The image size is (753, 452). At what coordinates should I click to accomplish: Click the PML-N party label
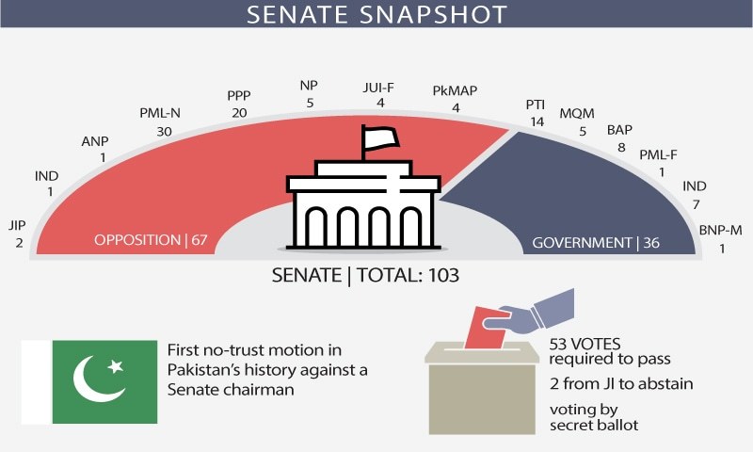160,113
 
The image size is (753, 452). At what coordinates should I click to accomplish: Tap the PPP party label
239,95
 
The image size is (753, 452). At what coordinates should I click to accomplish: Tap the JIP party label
17,226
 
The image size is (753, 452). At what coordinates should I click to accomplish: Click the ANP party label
95,141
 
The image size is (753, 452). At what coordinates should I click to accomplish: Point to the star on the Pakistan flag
115,364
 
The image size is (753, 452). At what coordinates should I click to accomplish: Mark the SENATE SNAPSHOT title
376,14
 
